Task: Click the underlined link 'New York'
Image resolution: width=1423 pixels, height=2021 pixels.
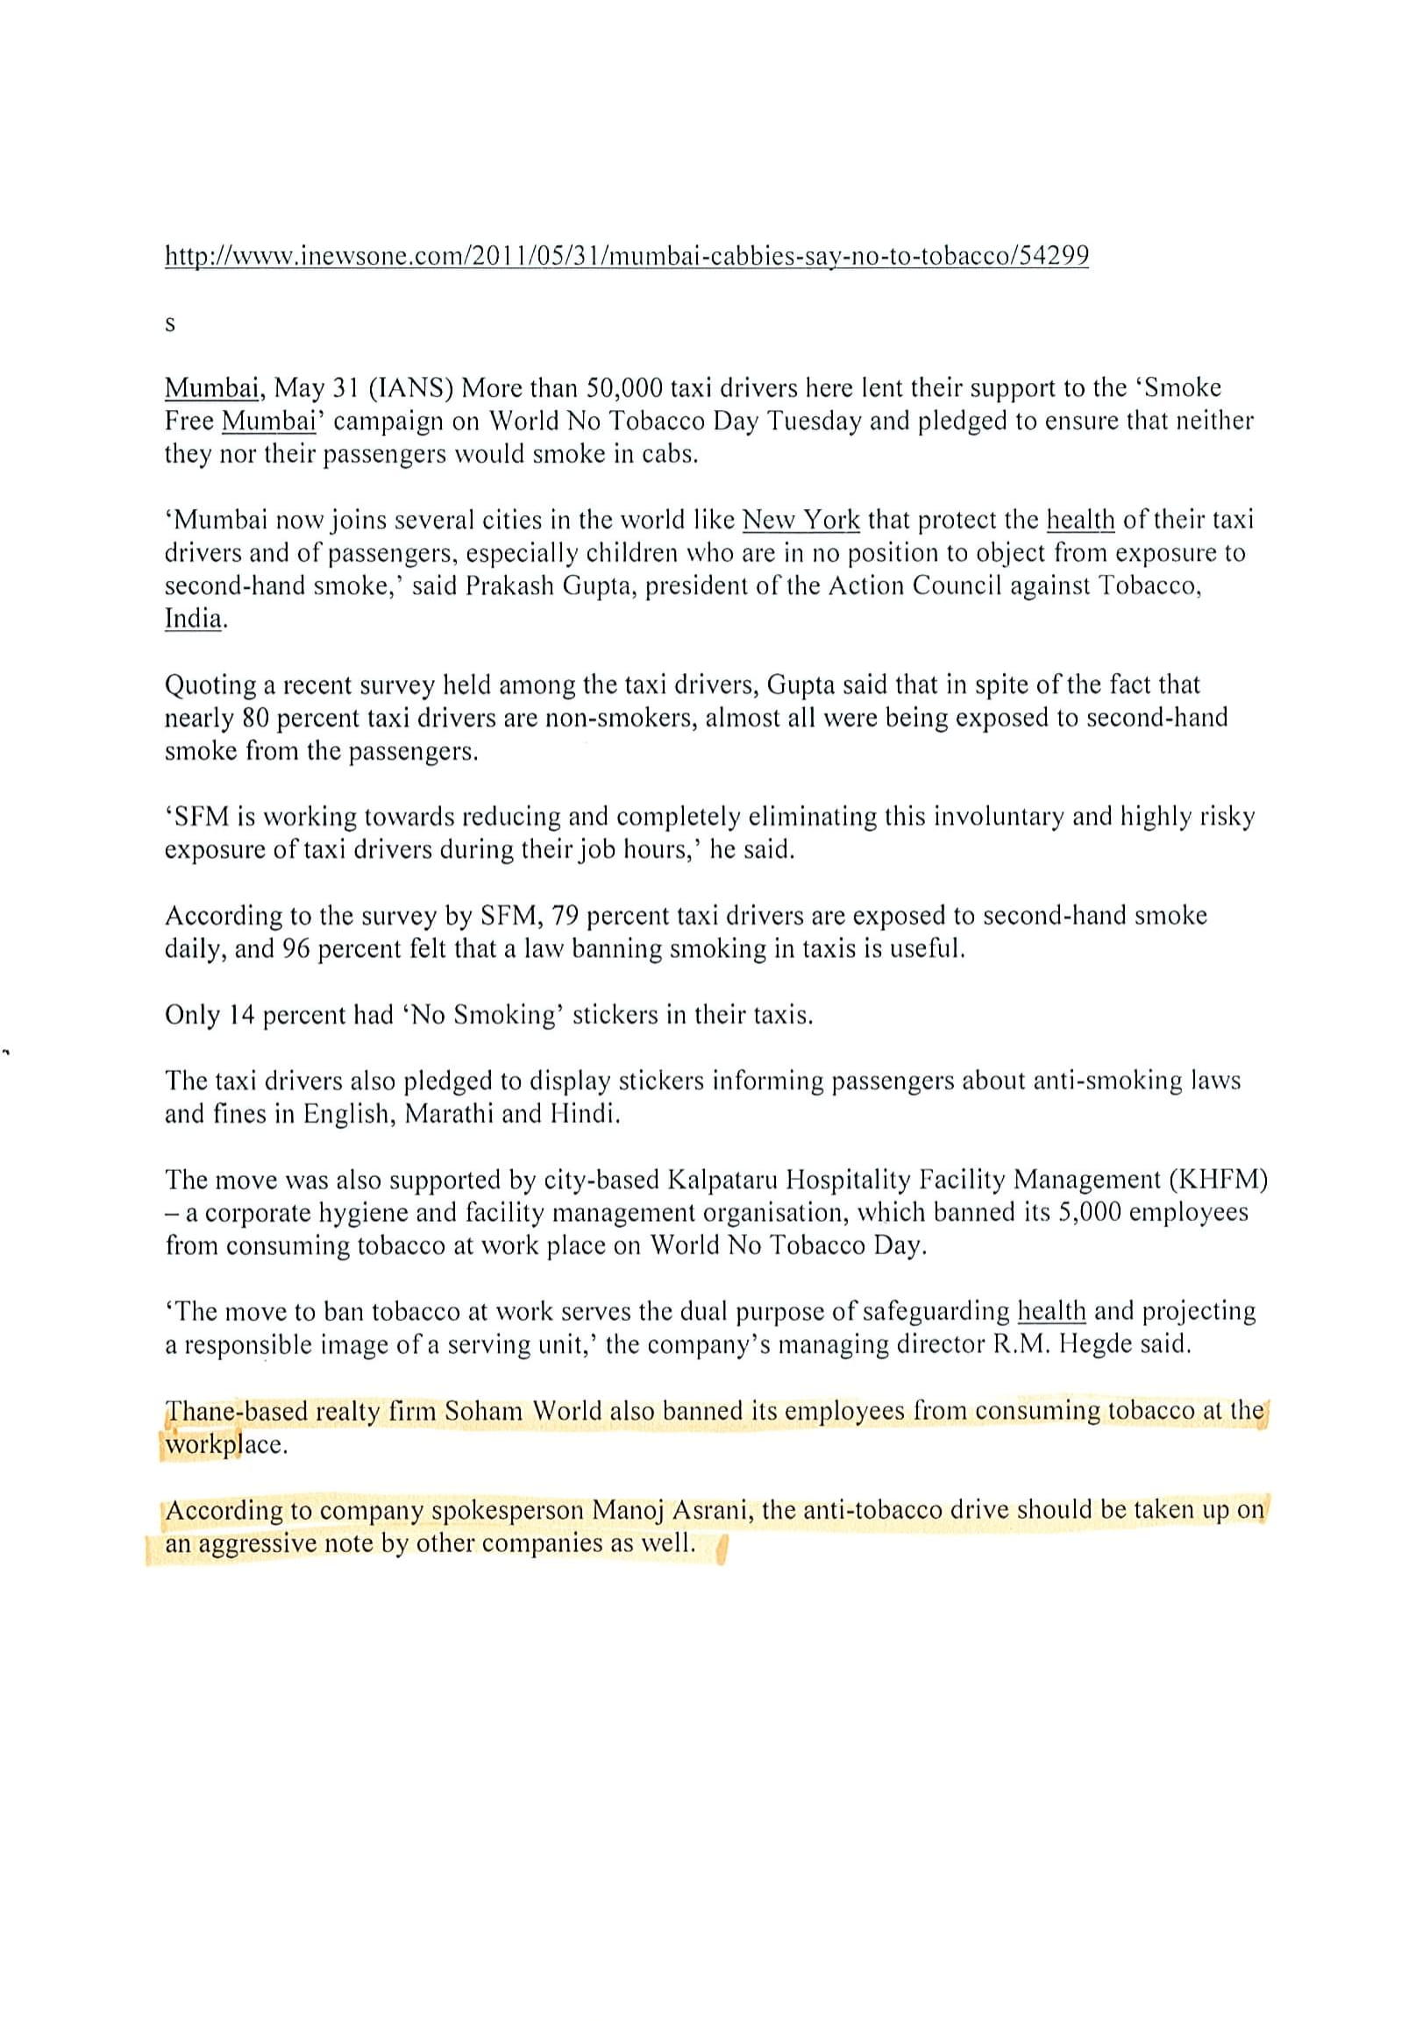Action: [x=800, y=521]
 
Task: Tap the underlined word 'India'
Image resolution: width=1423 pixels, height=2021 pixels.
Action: [x=193, y=619]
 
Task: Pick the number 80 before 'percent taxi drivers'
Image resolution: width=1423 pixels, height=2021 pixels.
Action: [x=253, y=719]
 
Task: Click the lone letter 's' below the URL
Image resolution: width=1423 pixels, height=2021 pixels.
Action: [x=170, y=324]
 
